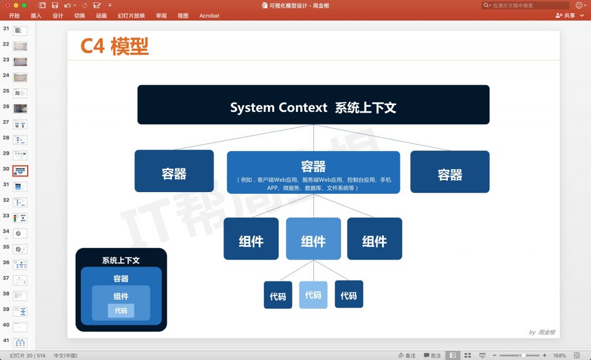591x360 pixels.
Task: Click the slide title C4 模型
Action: click(114, 46)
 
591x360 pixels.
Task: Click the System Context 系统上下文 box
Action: click(313, 105)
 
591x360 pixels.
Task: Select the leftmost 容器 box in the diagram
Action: click(174, 171)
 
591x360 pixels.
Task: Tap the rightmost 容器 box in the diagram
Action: click(450, 172)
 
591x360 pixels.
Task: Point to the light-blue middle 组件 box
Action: click(313, 239)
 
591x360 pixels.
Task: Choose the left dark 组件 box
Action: click(251, 239)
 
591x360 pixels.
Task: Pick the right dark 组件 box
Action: click(375, 239)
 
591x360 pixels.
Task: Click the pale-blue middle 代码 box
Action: click(313, 295)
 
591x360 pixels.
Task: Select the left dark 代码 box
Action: click(278, 295)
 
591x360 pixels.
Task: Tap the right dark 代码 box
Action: click(349, 295)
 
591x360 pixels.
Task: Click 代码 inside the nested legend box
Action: click(121, 310)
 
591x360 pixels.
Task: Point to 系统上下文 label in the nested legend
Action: click(121, 260)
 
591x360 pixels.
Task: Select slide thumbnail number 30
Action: click(20, 171)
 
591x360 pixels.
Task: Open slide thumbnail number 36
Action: click(20, 264)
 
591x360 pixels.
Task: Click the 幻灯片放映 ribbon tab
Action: click(131, 16)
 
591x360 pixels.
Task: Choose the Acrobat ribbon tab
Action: click(209, 16)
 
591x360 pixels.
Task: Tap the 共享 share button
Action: click(566, 16)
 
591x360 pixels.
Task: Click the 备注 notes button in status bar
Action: click(407, 355)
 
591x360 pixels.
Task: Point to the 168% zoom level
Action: click(559, 355)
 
